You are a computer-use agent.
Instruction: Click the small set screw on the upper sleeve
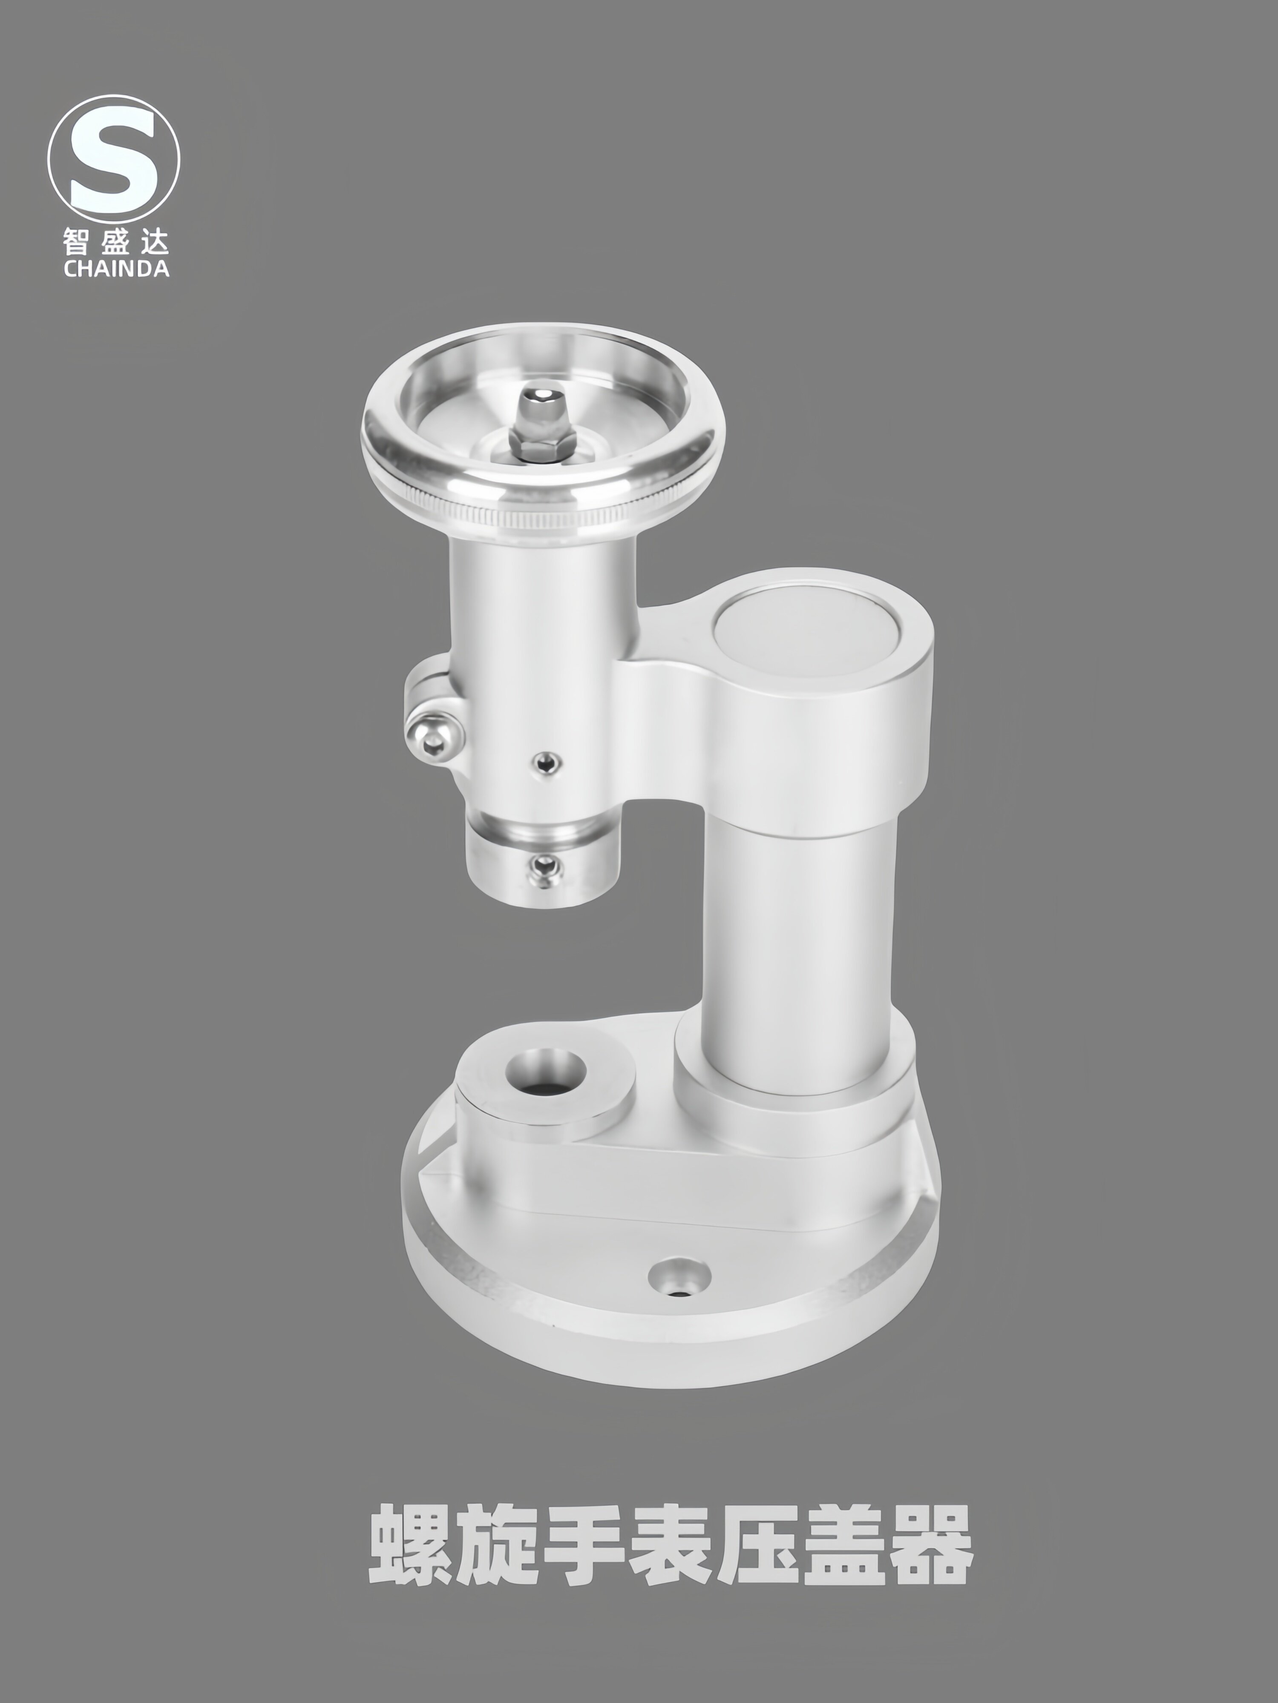[546, 762]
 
